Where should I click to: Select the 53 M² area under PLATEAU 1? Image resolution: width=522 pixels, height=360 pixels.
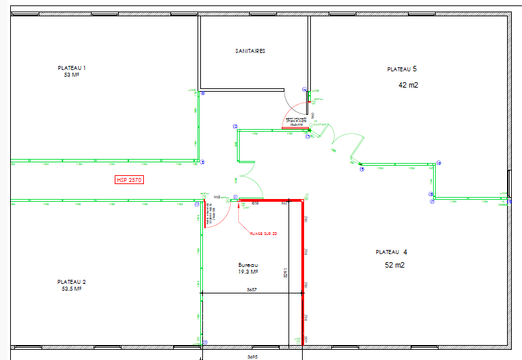click(x=71, y=75)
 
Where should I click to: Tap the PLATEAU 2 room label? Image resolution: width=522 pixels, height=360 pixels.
click(x=71, y=281)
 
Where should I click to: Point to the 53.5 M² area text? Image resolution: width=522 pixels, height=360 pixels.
click(x=71, y=289)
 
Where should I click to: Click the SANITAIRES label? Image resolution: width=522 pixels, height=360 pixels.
click(x=250, y=51)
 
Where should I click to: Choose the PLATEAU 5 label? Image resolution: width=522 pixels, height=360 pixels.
click(x=402, y=69)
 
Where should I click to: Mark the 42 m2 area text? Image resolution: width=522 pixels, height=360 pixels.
click(x=408, y=86)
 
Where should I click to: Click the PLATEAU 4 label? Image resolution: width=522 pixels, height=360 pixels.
click(x=392, y=252)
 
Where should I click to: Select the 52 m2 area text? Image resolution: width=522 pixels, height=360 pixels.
click(x=394, y=266)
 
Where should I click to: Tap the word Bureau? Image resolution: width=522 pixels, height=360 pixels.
click(x=248, y=265)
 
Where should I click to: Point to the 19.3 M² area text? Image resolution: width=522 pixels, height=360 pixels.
click(x=248, y=272)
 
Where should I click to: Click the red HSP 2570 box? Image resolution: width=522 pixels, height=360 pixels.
click(x=129, y=180)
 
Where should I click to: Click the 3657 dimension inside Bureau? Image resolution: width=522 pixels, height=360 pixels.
click(x=251, y=289)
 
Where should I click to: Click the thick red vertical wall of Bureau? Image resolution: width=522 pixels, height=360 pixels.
click(x=302, y=272)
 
